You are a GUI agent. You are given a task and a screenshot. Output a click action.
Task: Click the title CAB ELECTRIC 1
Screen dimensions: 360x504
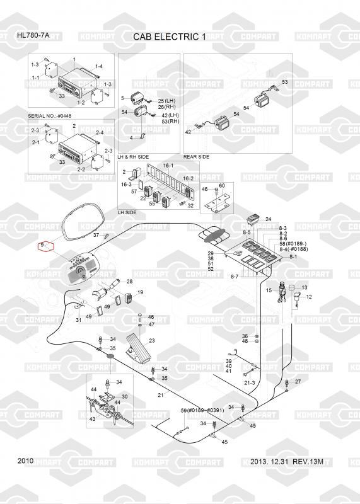pyautogui.click(x=170, y=37)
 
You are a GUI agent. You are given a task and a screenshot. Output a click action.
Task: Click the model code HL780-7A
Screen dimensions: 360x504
pyautogui.click(x=33, y=35)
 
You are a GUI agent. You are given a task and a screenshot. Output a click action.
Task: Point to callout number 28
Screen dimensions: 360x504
pyautogui.click(x=129, y=282)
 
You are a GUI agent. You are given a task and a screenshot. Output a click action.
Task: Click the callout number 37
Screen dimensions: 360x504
pyautogui.click(x=96, y=235)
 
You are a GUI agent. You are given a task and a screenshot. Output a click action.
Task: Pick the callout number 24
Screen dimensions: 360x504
pyautogui.click(x=269, y=219)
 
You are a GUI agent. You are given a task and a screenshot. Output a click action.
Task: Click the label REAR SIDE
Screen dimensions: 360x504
pyautogui.click(x=196, y=157)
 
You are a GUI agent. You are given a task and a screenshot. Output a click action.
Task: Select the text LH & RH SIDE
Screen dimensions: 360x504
pyautogui.click(x=133, y=157)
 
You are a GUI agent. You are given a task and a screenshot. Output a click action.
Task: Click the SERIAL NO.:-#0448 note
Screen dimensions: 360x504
pyautogui.click(x=50, y=116)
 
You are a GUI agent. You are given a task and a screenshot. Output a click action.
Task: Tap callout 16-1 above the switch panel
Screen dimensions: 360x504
pyautogui.click(x=168, y=165)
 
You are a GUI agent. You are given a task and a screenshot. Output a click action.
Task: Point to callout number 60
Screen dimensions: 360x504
pyautogui.click(x=222, y=185)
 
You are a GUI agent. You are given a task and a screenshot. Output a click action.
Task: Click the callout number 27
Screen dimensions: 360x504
pyautogui.click(x=298, y=382)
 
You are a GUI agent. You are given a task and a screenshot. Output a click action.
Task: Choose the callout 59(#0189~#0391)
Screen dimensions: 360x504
pyautogui.click(x=202, y=411)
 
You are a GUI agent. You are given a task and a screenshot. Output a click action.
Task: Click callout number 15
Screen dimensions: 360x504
pyautogui.click(x=269, y=290)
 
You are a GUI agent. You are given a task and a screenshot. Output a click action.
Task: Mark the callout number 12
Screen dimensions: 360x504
pyautogui.click(x=309, y=297)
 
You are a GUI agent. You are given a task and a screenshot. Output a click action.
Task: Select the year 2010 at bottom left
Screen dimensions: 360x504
pyautogui.click(x=25, y=461)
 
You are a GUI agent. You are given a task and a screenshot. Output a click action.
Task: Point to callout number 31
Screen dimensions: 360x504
pyautogui.click(x=79, y=320)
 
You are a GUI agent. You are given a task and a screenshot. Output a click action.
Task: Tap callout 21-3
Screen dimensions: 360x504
pyautogui.click(x=249, y=383)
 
